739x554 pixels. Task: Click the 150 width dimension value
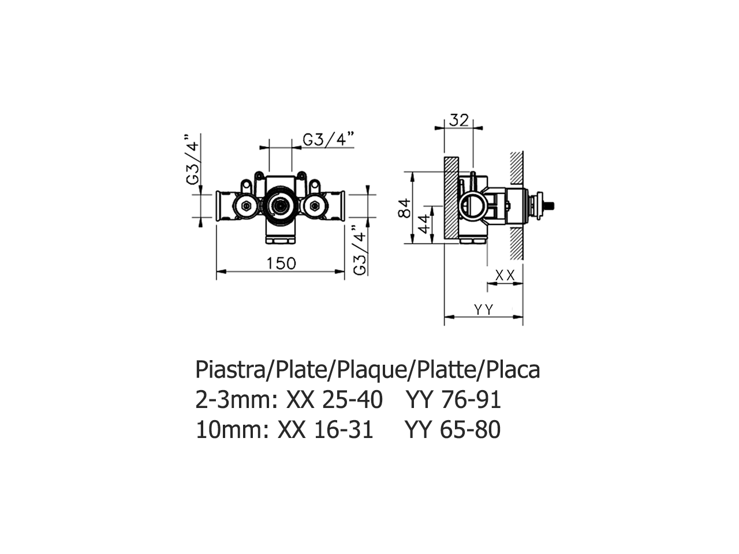coord(281,263)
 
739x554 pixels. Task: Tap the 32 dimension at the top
coord(458,121)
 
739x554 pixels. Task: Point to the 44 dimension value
coord(424,223)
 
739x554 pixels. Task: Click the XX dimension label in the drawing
coord(505,276)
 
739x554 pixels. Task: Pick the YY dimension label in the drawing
coord(483,310)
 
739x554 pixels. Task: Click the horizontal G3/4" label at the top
coord(328,140)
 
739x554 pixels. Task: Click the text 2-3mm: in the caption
coord(233,399)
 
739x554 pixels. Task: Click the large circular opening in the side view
coord(473,205)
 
